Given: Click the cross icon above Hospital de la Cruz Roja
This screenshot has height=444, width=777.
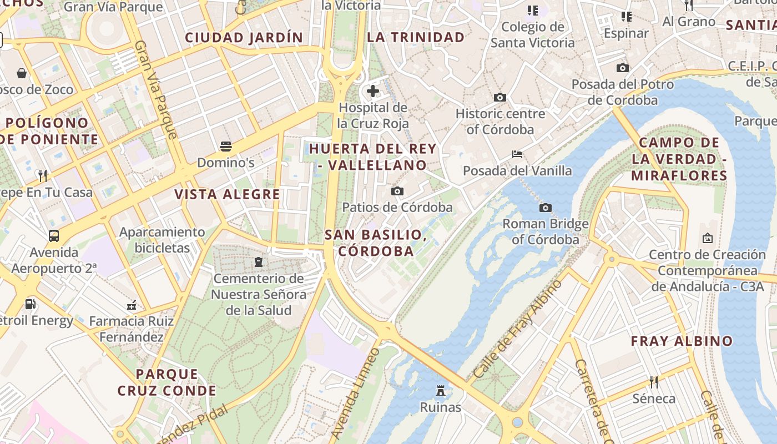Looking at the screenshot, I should [x=373, y=91].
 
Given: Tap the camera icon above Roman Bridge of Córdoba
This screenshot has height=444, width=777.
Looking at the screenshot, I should [x=546, y=208].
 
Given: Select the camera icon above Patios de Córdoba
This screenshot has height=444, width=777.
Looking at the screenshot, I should [x=397, y=191].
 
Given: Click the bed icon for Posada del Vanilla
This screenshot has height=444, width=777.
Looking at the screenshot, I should [x=517, y=154].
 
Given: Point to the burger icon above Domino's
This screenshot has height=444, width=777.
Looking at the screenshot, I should [x=226, y=146].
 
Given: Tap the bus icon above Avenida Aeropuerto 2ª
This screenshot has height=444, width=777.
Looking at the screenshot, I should [x=54, y=236].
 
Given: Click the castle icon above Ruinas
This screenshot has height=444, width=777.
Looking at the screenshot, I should [x=441, y=391].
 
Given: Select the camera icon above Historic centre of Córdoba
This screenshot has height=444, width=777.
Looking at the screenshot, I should [x=500, y=97].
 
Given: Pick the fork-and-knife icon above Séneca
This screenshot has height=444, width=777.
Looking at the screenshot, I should [x=654, y=382].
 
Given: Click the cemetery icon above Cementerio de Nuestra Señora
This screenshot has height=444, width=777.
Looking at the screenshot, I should [x=259, y=261].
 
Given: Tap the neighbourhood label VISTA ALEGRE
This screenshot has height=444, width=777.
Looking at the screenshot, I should [x=228, y=194].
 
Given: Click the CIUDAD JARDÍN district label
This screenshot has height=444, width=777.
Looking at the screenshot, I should [x=244, y=38].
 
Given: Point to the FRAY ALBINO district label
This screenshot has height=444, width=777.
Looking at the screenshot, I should [x=682, y=341].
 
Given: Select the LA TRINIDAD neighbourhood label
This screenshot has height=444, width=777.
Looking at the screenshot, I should [x=416, y=38].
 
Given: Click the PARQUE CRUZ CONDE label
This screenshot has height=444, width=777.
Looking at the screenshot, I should [x=167, y=382].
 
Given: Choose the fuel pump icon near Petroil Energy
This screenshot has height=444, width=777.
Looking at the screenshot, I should [x=31, y=304].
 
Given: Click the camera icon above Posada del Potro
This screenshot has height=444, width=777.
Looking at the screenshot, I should [x=623, y=68].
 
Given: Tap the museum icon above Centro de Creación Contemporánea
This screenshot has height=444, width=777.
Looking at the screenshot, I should [x=708, y=238].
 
